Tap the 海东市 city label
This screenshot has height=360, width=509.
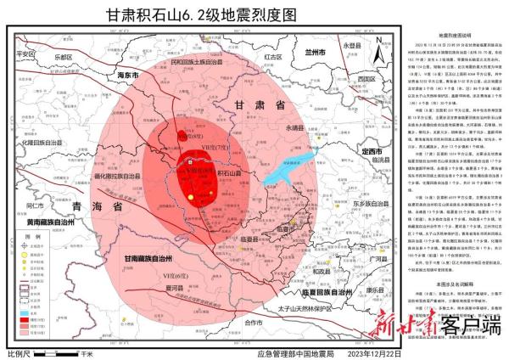(x=129, y=76)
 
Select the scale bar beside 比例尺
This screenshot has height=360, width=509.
(x=59, y=351)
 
